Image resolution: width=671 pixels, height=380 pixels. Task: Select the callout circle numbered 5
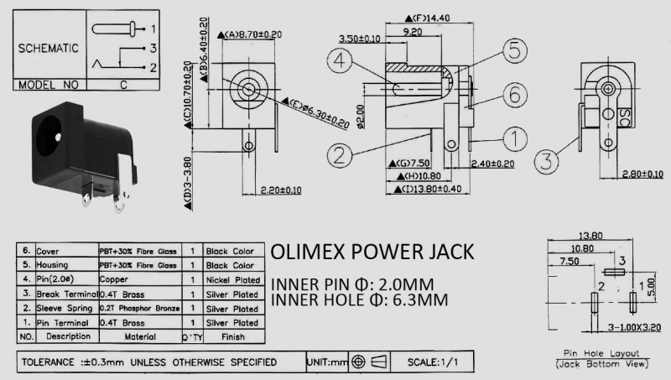coord(516,49)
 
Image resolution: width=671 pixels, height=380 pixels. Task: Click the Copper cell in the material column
coord(113,278)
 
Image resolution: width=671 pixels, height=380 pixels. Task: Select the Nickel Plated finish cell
coord(233,278)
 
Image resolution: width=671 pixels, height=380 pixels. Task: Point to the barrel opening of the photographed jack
coord(53,134)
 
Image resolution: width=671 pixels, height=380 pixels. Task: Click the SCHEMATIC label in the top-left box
coord(49,48)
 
